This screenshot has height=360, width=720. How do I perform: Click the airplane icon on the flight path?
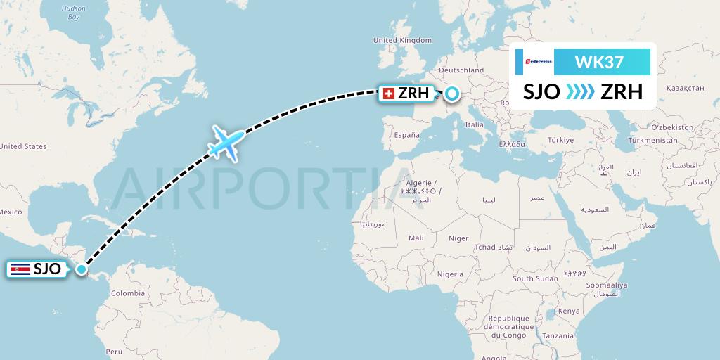(x=226, y=143)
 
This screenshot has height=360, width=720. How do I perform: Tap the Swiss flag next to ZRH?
(x=387, y=93)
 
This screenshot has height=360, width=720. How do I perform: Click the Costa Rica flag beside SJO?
(x=20, y=269)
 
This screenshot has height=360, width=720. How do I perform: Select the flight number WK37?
(x=598, y=63)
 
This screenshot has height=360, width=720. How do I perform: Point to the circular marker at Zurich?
(x=451, y=93)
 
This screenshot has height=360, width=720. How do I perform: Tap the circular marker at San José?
(x=82, y=269)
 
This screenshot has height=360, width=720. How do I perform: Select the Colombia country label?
(x=128, y=293)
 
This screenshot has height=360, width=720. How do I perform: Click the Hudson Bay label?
(x=73, y=12)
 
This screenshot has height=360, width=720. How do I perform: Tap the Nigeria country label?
(x=450, y=274)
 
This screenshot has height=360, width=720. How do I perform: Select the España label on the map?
(x=406, y=134)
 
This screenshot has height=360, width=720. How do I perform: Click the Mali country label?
(x=416, y=238)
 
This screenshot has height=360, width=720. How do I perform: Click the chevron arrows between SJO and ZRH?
(x=580, y=92)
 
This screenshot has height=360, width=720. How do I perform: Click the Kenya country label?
(x=568, y=311)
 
